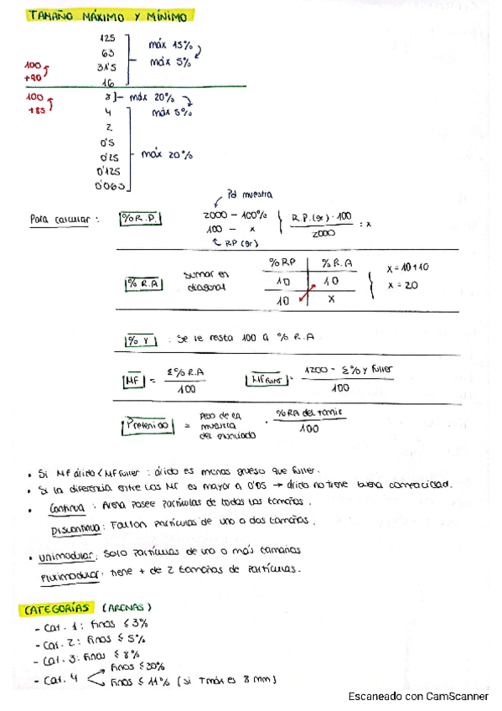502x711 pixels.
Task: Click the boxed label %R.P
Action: pos(140,220)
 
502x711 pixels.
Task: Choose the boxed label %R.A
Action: pos(144,284)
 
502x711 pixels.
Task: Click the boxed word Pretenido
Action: pos(147,426)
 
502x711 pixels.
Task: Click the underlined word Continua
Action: pos(66,506)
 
